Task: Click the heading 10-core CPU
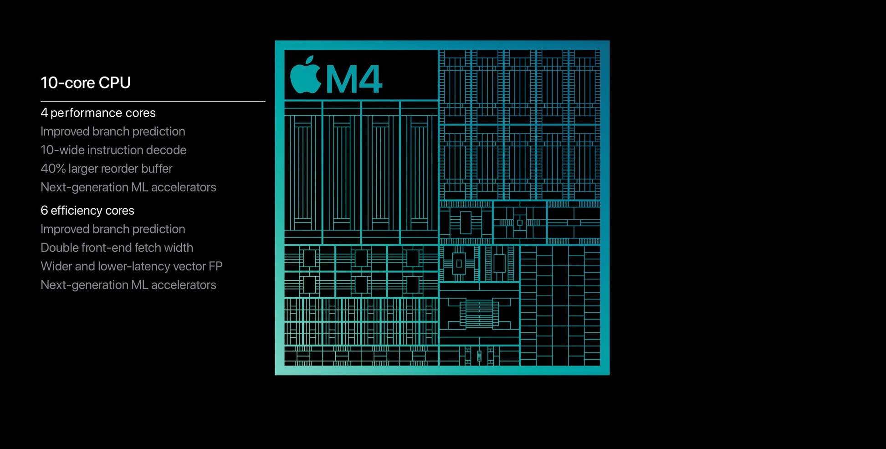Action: point(86,83)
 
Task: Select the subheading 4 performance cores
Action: point(98,113)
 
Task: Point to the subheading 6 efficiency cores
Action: point(87,210)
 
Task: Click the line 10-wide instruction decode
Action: point(113,150)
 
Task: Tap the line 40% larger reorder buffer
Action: point(106,169)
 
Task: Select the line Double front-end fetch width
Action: point(117,248)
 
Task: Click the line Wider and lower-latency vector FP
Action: point(131,266)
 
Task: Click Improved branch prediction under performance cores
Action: point(113,131)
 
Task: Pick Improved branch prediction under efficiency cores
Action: point(113,229)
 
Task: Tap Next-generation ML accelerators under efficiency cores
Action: point(128,285)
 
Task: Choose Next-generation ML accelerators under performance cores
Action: point(128,187)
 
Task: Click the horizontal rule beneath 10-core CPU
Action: point(153,101)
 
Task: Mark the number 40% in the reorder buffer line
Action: point(53,169)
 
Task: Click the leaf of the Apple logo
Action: point(310,61)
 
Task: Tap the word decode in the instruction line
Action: point(170,150)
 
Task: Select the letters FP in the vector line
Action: point(215,266)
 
